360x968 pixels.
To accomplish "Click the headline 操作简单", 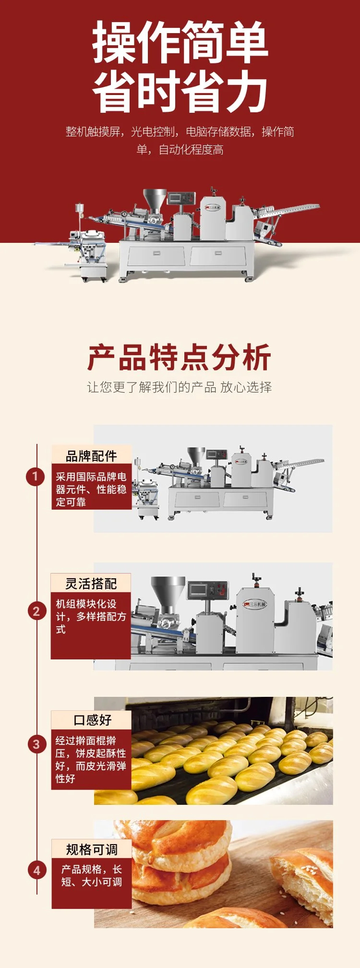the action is point(180,43).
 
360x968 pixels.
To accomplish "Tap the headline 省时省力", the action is point(180,91).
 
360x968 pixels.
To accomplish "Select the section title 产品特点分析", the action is point(180,358).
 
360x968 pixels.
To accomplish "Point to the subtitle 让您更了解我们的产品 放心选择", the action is point(180,387).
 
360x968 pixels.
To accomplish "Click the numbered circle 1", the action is point(35,477).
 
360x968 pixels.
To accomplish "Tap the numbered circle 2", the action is point(36,611).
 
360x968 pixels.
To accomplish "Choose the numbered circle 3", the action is point(36,744).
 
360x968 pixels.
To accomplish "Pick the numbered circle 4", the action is point(37,870).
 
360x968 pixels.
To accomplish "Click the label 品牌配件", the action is point(91,456).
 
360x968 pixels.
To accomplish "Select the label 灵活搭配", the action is point(91,584).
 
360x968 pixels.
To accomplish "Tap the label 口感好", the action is point(92,720).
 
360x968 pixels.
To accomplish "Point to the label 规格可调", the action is point(92,849).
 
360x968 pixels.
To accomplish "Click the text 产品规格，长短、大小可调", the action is point(92,875).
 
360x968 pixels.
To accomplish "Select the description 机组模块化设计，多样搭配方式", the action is point(91,616).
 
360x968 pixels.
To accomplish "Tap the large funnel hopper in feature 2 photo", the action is point(168,593).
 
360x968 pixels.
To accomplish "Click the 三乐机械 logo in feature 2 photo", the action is point(255,604).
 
